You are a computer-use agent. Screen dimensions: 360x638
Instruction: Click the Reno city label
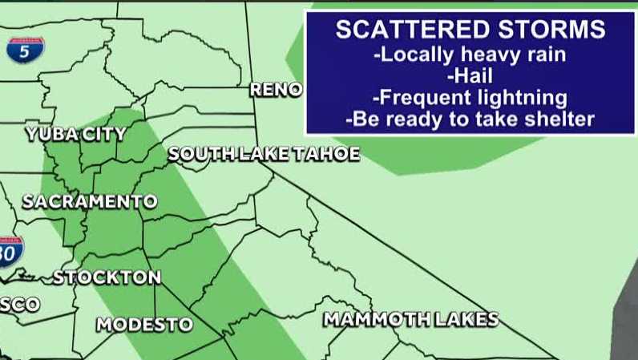click(x=276, y=90)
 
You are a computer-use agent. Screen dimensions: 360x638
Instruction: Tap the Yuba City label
click(x=75, y=134)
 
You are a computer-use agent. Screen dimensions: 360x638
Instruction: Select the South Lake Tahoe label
click(x=264, y=154)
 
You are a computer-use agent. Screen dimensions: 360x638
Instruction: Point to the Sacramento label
click(x=89, y=201)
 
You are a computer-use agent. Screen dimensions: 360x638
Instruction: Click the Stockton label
click(x=107, y=277)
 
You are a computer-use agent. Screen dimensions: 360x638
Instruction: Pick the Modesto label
click(x=144, y=325)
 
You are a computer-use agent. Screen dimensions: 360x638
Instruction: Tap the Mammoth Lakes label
click(x=410, y=319)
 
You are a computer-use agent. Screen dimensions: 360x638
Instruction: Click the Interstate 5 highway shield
click(x=26, y=50)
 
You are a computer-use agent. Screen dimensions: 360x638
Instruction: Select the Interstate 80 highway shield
click(x=10, y=252)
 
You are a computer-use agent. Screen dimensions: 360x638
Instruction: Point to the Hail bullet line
click(x=470, y=77)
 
